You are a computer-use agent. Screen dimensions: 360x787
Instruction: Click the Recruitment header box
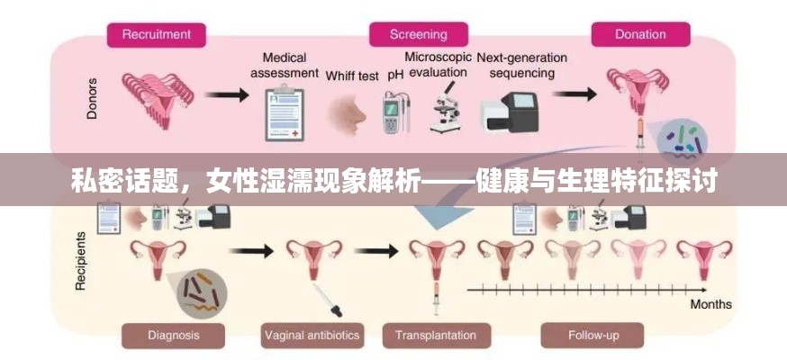click(157, 35)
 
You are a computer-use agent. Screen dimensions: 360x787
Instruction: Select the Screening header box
click(418, 35)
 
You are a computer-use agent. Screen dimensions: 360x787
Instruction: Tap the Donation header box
click(640, 35)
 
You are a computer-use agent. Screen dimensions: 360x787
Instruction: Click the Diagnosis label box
click(174, 336)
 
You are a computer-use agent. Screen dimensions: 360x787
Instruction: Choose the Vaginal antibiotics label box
click(312, 336)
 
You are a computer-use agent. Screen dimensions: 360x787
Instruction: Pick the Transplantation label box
click(435, 336)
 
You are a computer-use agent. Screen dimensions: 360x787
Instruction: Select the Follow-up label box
click(593, 336)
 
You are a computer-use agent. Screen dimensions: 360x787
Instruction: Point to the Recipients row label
click(81, 261)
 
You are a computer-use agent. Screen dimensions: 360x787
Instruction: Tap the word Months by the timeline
click(710, 304)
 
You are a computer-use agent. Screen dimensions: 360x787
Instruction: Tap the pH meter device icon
click(393, 112)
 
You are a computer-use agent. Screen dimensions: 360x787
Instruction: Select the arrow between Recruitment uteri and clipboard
click(226, 93)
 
